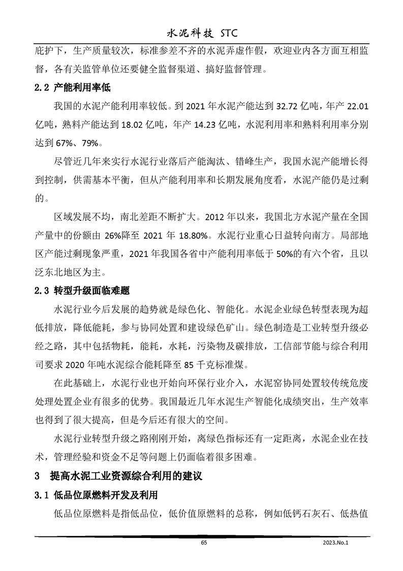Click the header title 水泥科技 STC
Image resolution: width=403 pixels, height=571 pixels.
point(202,34)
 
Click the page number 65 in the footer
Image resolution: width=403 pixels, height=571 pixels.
point(204,543)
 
